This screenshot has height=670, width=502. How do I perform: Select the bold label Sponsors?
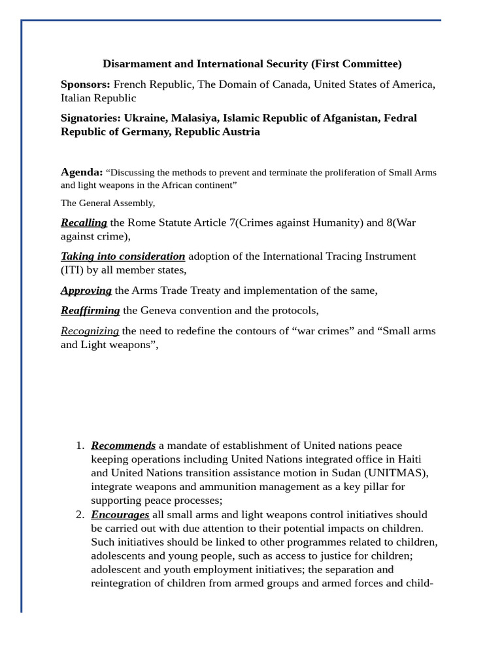[86, 84]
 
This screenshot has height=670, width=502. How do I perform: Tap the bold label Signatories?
[91, 118]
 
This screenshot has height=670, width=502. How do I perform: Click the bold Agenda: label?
[82, 172]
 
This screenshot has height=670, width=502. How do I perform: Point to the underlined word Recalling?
[84, 222]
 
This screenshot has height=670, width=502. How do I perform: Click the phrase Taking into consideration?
[123, 256]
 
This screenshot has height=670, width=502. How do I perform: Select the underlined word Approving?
[86, 291]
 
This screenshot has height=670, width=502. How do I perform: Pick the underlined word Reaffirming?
[90, 311]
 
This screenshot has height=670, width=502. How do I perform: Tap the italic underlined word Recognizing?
[90, 331]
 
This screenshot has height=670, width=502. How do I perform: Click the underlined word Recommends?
[123, 446]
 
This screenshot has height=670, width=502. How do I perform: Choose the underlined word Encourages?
[120, 515]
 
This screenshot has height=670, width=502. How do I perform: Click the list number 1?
[80, 446]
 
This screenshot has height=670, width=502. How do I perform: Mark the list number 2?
[80, 515]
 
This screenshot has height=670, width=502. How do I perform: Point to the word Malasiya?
[194, 118]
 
